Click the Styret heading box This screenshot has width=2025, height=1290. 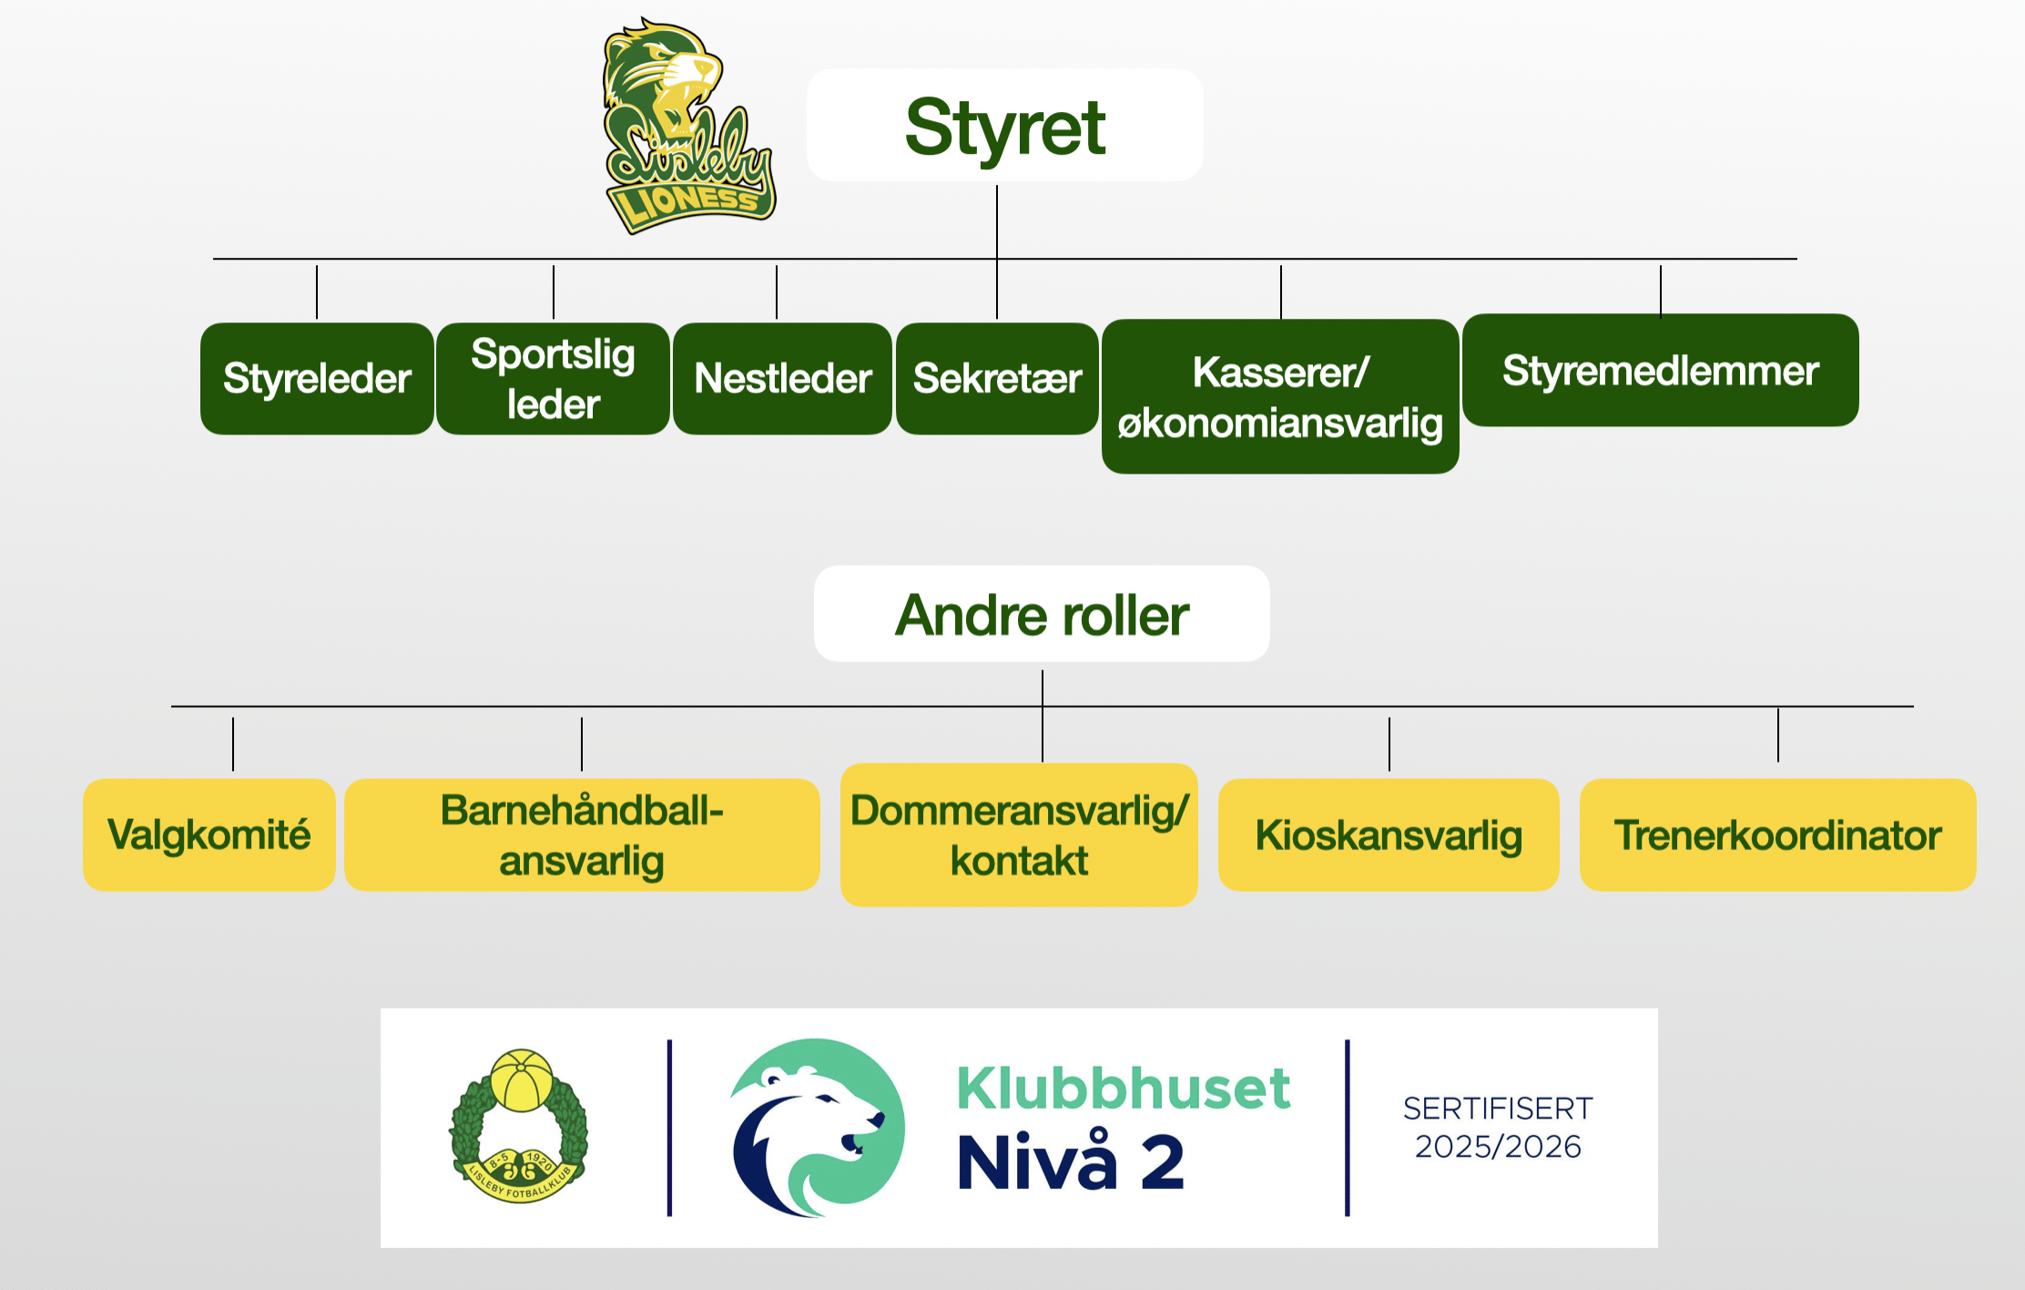(x=1004, y=126)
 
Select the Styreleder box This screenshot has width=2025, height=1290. (x=317, y=378)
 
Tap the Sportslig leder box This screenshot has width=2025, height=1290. (x=553, y=378)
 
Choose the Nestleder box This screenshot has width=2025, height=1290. (x=782, y=378)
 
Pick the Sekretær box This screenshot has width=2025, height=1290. (x=997, y=378)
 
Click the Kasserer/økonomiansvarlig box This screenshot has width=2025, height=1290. (x=1280, y=396)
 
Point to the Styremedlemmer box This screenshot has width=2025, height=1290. (x=1660, y=370)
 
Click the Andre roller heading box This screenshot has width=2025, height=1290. (x=1042, y=614)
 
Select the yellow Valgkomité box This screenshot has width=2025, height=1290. (x=209, y=834)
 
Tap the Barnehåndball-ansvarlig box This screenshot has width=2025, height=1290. (x=582, y=834)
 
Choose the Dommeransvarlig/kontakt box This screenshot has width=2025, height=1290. (x=1019, y=834)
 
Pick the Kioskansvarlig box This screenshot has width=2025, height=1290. (x=1389, y=834)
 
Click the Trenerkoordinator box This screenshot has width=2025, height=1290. (x=1777, y=834)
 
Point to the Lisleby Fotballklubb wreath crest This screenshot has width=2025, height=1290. (x=519, y=1126)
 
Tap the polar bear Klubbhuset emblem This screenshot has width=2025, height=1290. (x=817, y=1127)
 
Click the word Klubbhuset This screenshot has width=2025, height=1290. (x=1123, y=1088)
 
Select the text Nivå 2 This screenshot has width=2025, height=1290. (x=1071, y=1162)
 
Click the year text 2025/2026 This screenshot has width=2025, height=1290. (x=1498, y=1146)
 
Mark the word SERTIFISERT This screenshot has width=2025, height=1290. (x=1498, y=1108)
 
